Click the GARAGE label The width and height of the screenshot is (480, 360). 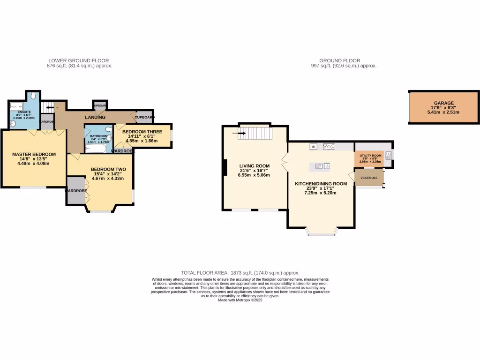(443, 103)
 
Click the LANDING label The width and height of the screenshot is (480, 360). (95, 117)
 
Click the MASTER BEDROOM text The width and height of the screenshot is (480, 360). (34, 154)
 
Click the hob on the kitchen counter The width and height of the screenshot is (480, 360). (330, 147)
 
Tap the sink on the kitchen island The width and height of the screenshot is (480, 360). (320, 165)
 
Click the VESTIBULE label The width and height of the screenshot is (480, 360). (369, 178)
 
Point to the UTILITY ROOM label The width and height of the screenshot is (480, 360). (370, 155)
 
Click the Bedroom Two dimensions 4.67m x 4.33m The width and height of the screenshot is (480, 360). (107, 179)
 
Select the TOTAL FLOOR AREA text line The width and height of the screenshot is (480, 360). (240, 272)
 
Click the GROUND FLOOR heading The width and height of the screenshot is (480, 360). (339, 60)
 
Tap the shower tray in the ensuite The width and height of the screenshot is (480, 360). (16, 106)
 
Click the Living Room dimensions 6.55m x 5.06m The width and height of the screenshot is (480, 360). (254, 175)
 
